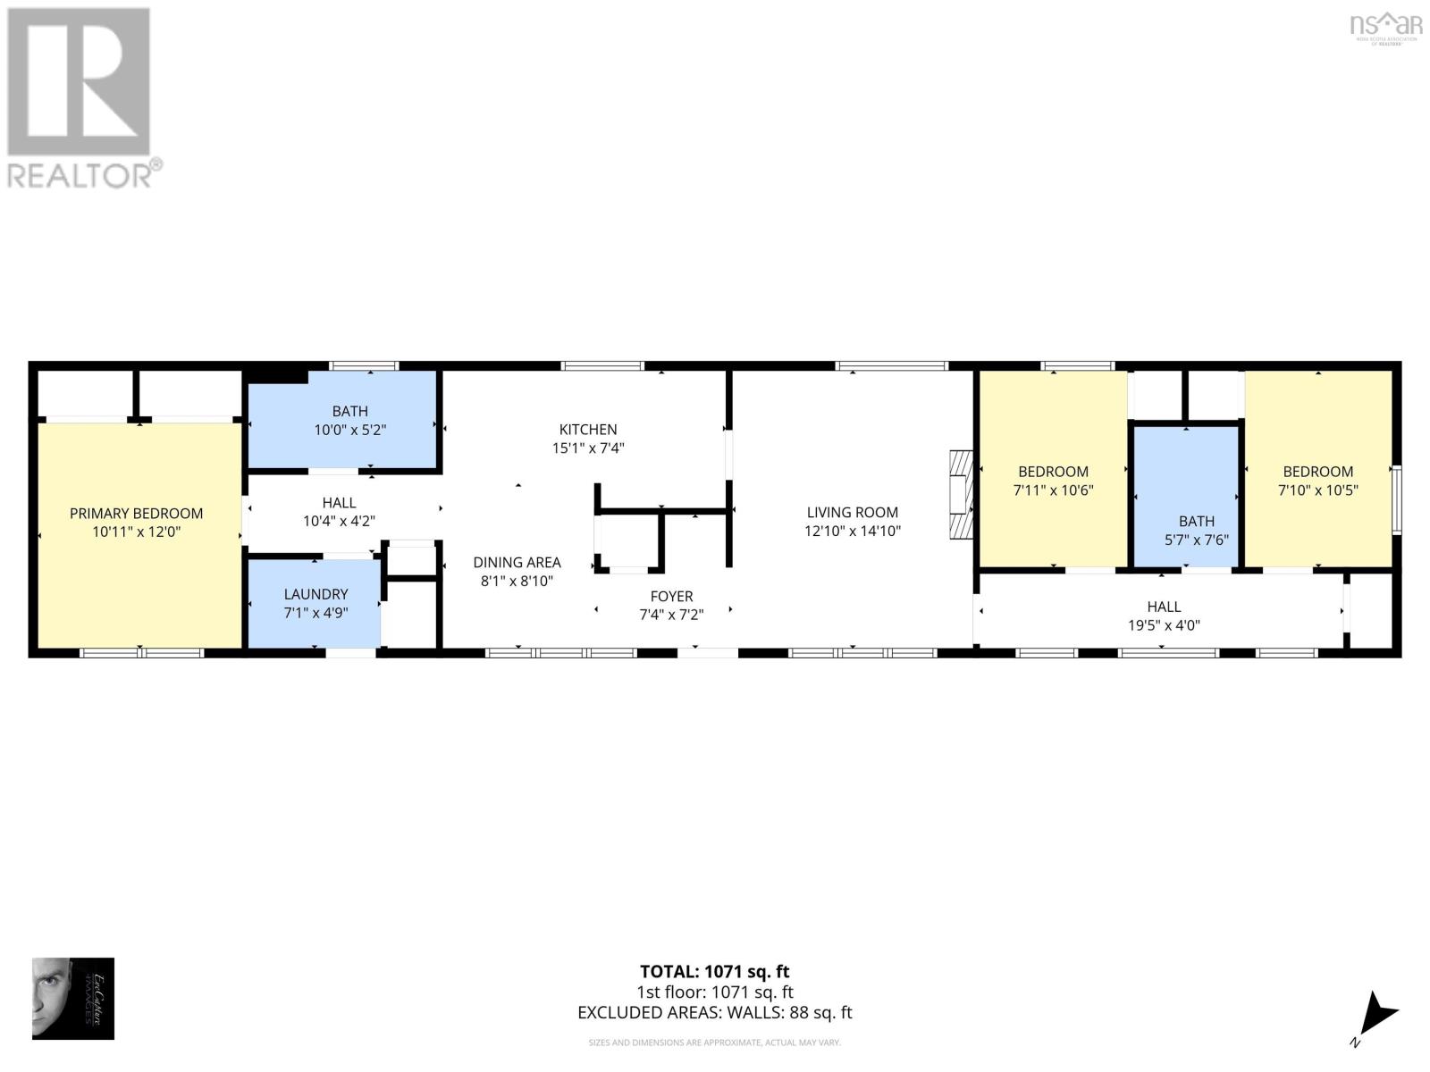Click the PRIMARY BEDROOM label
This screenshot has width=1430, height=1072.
click(x=136, y=513)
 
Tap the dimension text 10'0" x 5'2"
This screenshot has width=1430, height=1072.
click(x=349, y=430)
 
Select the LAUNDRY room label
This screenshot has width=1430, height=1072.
click(x=315, y=594)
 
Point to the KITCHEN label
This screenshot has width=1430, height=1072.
click(x=588, y=430)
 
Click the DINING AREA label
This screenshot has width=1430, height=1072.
click(x=517, y=562)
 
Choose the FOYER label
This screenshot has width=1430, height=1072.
click(x=671, y=596)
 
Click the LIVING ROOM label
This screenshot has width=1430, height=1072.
click(x=852, y=512)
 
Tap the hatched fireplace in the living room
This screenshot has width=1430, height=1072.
click(x=960, y=494)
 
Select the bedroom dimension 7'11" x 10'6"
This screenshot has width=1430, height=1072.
click(x=1053, y=490)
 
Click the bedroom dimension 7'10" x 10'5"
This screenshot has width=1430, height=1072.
click(x=1317, y=490)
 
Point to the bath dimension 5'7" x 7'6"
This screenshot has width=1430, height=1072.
click(x=1196, y=540)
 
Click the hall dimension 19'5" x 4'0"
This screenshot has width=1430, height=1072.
click(x=1163, y=625)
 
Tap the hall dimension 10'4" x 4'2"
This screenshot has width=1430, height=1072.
click(x=339, y=522)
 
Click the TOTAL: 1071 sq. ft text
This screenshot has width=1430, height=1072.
click(x=714, y=971)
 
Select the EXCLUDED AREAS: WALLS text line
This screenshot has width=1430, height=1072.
click(x=714, y=1012)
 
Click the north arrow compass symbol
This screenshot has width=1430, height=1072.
click(x=1376, y=1017)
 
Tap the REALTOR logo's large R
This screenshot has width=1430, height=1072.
click(x=79, y=82)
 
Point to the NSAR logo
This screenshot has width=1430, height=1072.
click(x=1385, y=26)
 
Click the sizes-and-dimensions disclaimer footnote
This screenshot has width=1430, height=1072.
click(x=714, y=1043)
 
